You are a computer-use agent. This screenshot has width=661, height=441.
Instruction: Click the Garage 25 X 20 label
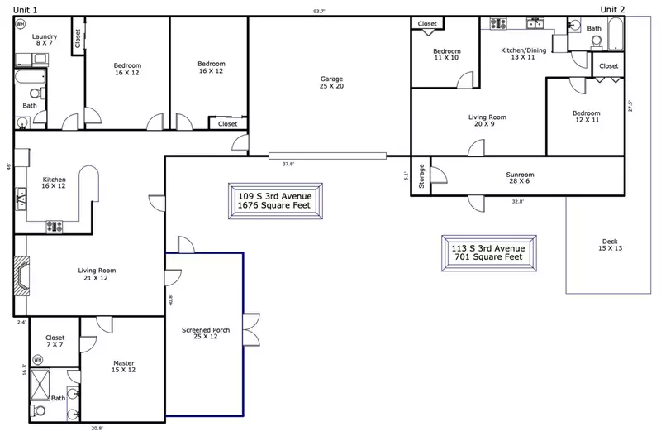[x=331, y=83]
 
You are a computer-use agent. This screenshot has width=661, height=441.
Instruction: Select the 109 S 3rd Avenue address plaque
[x=274, y=201]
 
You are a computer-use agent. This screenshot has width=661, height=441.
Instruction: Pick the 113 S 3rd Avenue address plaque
[x=487, y=252]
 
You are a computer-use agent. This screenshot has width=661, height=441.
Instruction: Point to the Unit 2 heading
[x=612, y=9]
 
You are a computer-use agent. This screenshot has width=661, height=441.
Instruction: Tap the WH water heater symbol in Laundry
[x=21, y=24]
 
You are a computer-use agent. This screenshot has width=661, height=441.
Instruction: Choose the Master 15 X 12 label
[x=124, y=367]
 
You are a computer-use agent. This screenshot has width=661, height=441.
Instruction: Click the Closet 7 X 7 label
[x=55, y=342]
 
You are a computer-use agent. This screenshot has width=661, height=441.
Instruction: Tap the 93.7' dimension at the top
[x=318, y=11]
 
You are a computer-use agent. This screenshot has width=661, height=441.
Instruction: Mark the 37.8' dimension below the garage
[x=288, y=164]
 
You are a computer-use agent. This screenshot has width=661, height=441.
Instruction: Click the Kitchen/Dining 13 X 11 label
[x=524, y=54]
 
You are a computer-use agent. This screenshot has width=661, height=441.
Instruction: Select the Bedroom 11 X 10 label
[x=446, y=55]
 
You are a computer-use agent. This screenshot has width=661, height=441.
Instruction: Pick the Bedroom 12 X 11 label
[x=586, y=117]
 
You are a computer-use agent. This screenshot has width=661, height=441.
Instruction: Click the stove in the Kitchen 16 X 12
[x=55, y=224]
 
